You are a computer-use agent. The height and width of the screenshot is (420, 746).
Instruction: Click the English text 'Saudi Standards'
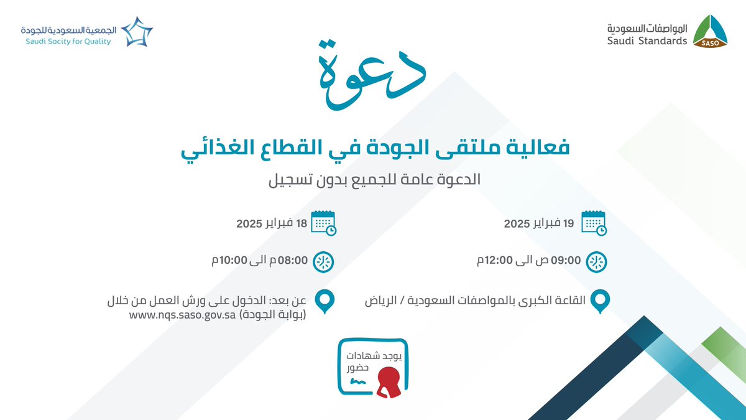pos(647,41)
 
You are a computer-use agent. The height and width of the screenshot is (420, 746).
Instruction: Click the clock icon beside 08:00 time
pos(323,262)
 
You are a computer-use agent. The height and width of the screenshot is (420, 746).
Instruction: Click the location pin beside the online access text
pos(323,302)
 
